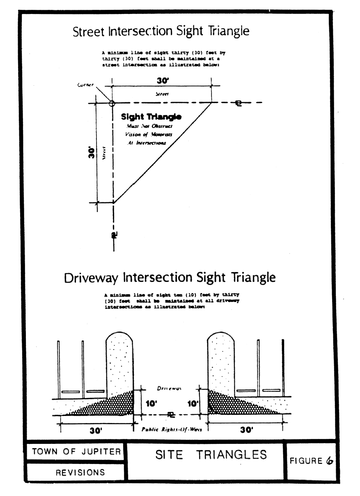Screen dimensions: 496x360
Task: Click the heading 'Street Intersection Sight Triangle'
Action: pos(161,32)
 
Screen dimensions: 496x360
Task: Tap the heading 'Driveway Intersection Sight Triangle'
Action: pos(170,278)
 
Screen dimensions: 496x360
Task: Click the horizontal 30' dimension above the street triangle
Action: pos(162,81)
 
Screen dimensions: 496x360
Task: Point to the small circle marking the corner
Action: pos(112,103)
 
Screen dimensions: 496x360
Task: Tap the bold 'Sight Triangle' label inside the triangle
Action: pos(151,117)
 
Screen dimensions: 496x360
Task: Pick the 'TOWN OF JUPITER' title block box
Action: pos(76,452)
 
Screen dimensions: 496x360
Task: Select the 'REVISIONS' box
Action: pos(80,472)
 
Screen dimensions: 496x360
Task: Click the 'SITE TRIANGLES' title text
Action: pos(211,455)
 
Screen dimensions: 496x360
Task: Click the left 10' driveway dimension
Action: pos(151,404)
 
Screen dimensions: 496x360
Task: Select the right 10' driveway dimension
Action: pos(192,404)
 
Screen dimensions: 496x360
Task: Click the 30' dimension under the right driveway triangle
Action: pos(246,430)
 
